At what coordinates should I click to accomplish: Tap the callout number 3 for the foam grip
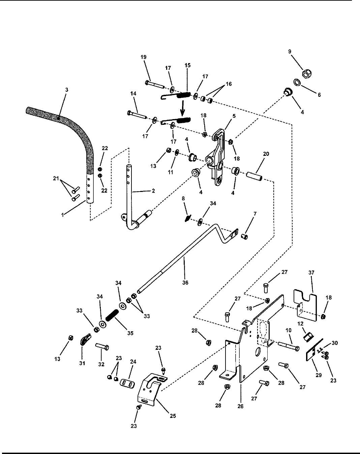pos(67,90)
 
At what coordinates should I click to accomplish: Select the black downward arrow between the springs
pos(182,108)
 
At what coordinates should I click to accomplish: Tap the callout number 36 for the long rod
pos(185,283)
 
